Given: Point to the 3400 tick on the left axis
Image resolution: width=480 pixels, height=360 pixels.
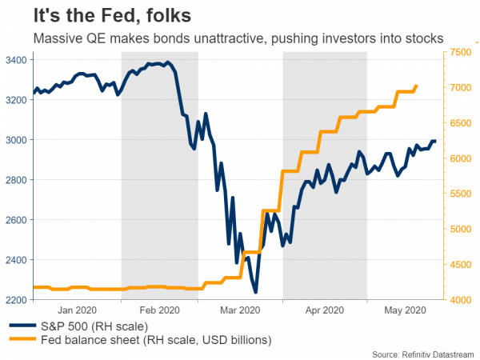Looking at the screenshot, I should pyautogui.click(x=14, y=60).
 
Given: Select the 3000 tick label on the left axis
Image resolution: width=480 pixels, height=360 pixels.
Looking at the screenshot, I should pyautogui.click(x=14, y=140).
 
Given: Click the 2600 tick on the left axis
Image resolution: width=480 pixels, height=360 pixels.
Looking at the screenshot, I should pyautogui.click(x=14, y=220).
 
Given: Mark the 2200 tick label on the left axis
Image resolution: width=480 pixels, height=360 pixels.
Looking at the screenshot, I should pyautogui.click(x=14, y=300).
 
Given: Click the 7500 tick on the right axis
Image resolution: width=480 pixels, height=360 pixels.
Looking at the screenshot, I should pyautogui.click(x=463, y=52).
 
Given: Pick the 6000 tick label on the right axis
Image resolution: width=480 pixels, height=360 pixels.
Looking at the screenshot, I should pyautogui.click(x=463, y=158).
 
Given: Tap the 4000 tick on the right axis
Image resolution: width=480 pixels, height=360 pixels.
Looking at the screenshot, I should pyautogui.click(x=463, y=300).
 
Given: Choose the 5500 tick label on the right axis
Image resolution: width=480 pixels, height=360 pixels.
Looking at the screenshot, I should pyautogui.click(x=463, y=194).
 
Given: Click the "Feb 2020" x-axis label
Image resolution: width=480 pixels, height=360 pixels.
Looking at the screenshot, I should pyautogui.click(x=158, y=310).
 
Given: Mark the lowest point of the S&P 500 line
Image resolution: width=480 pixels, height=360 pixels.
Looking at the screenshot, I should pyautogui.click(x=255, y=293).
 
